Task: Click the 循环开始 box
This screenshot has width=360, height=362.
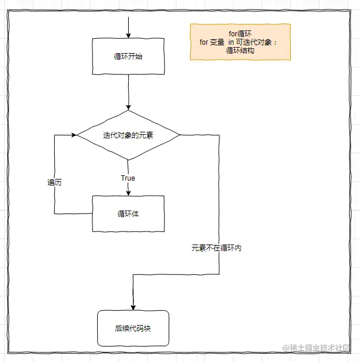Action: point(128,57)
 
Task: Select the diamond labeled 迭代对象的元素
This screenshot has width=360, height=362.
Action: point(128,135)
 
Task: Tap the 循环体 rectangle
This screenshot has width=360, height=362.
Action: point(128,214)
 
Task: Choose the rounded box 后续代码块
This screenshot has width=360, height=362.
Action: point(134,328)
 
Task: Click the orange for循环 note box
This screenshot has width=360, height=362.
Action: point(240,42)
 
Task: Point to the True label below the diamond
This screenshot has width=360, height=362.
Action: point(128,178)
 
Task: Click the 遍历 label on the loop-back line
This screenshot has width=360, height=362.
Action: point(55,182)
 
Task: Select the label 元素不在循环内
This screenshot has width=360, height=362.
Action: point(216,247)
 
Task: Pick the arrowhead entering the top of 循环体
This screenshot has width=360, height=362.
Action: point(128,191)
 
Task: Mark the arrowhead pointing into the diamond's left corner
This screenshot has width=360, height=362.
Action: point(74,135)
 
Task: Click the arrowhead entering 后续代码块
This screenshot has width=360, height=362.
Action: point(133,306)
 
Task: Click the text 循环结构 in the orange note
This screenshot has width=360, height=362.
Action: point(240,51)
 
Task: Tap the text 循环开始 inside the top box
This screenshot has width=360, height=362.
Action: point(128,57)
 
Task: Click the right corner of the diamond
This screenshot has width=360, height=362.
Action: point(179,135)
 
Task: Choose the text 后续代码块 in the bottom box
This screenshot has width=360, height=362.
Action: point(134,328)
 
